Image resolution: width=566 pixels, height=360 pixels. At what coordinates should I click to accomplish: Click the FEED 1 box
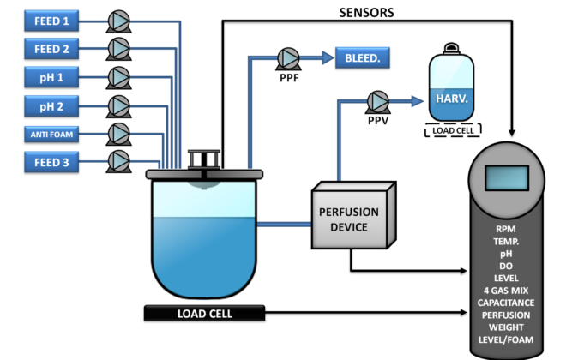(x=51, y=20)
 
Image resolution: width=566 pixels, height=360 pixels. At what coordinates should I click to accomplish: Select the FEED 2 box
(x=51, y=48)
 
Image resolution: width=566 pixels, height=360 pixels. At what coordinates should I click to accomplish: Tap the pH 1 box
(x=51, y=77)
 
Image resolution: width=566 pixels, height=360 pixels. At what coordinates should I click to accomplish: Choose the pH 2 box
(x=51, y=105)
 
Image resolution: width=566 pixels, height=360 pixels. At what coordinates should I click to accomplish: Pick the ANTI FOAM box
(x=51, y=134)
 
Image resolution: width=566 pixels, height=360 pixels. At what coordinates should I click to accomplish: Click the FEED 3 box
(x=51, y=161)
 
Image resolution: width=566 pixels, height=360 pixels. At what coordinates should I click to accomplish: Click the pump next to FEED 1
(x=118, y=21)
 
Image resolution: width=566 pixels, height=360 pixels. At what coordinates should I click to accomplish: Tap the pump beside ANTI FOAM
(x=118, y=134)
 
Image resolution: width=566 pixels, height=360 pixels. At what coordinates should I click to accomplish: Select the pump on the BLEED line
(x=288, y=58)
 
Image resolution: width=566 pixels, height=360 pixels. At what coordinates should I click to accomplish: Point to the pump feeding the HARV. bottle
(x=377, y=101)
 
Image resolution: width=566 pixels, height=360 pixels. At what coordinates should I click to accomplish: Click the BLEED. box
(x=363, y=58)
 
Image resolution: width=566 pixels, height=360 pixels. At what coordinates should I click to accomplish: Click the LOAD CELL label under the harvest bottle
(x=453, y=130)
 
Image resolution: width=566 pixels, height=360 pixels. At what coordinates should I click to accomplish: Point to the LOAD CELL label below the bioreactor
(x=204, y=314)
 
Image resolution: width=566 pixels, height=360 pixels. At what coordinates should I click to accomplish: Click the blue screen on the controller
(x=506, y=177)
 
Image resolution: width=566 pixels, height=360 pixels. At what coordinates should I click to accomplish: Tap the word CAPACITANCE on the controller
(x=506, y=302)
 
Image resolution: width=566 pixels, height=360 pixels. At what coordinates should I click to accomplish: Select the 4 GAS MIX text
(x=506, y=290)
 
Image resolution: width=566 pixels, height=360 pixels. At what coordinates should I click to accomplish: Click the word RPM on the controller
(x=506, y=230)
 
